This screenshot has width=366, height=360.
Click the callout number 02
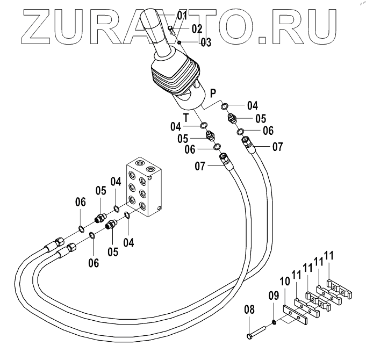click(x=197, y=28)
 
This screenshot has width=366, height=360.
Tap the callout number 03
click(x=206, y=42)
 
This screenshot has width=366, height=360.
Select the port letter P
click(x=214, y=93)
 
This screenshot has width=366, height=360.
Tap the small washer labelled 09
click(x=275, y=322)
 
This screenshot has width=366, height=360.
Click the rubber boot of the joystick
click(x=174, y=78)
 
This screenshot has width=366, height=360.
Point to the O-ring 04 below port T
click(x=205, y=126)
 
